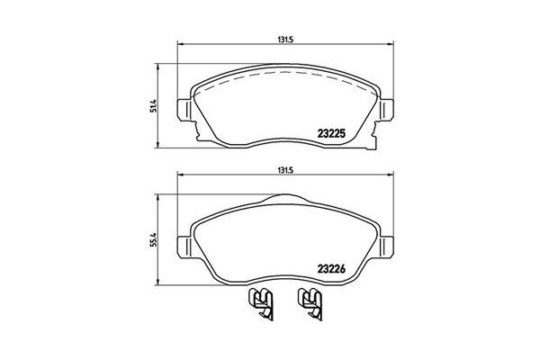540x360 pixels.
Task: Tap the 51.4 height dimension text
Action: [154, 106]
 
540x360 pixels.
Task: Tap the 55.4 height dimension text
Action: [154, 241]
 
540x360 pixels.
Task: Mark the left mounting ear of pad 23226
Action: [184, 246]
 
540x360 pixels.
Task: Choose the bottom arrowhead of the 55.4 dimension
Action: [161, 283]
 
